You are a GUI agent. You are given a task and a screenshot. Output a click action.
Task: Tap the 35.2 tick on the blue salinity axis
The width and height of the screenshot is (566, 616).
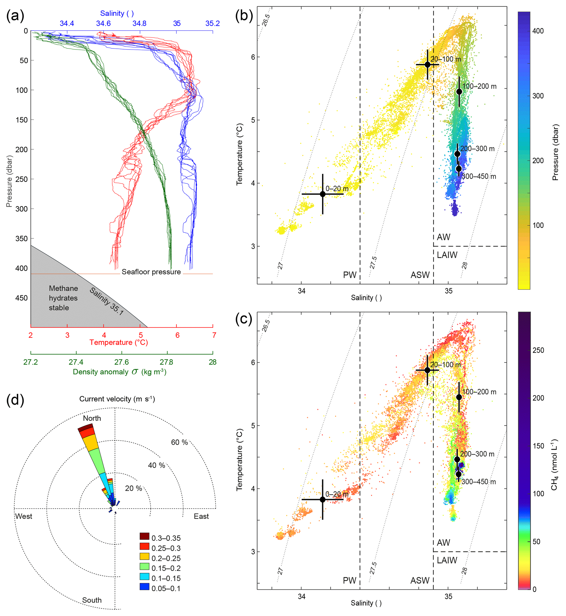[212, 24]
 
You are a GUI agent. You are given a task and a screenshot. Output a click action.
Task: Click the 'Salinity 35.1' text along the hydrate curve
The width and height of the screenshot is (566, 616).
[107, 301]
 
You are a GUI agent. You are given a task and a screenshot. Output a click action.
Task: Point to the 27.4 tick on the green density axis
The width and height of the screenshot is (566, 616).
[76, 362]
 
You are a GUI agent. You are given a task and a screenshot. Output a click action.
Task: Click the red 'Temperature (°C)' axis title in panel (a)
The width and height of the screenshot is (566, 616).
[119, 342]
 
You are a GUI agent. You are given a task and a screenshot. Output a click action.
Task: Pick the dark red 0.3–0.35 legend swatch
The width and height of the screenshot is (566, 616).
[144, 536]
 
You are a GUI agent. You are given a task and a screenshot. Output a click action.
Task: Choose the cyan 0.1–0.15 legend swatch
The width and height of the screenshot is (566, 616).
[144, 577]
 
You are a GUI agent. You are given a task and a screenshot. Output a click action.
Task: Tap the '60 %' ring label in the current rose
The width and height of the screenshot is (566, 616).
[179, 442]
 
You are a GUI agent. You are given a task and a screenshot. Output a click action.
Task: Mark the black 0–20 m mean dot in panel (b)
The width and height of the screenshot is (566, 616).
[323, 194]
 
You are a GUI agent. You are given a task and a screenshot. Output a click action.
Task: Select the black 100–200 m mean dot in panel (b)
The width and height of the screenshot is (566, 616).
[459, 91]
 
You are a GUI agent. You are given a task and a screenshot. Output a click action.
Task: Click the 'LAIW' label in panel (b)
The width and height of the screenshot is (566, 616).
[447, 255]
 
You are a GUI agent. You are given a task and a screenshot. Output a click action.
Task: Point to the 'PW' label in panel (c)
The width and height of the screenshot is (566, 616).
[349, 580]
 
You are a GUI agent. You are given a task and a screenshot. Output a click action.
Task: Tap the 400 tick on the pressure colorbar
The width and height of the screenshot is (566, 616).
[538, 31]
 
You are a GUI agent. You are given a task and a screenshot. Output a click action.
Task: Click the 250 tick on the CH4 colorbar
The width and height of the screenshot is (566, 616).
[538, 350]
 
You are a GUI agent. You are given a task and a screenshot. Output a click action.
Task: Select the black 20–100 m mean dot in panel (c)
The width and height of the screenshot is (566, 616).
[427, 370]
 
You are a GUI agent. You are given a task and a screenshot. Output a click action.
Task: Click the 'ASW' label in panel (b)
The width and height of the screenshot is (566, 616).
[420, 275]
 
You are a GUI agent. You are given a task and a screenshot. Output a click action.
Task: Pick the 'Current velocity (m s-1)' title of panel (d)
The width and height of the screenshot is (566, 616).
[117, 399]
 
